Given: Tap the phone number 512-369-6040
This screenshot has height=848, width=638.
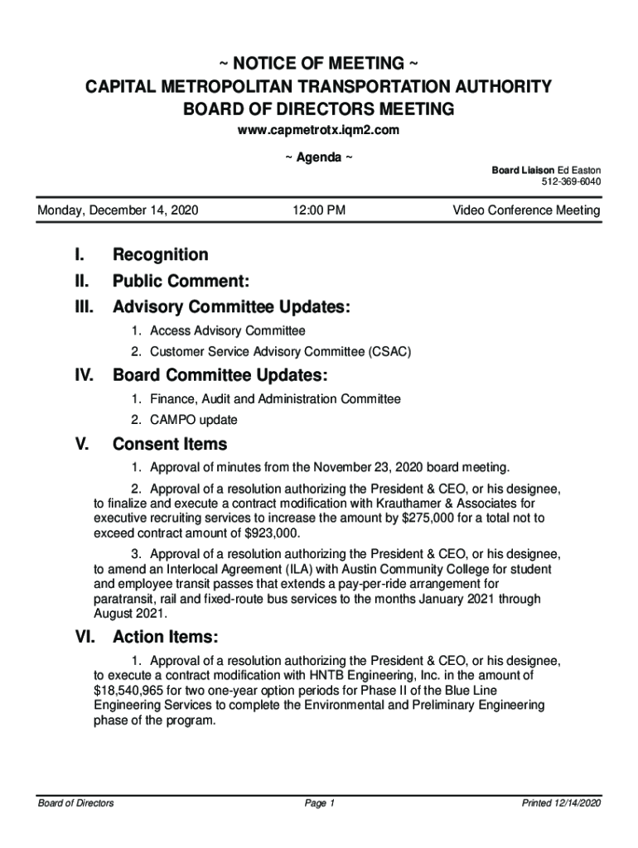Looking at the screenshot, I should pyautogui.click(x=572, y=182).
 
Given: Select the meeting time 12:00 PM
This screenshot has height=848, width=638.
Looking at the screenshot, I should pyautogui.click(x=319, y=211).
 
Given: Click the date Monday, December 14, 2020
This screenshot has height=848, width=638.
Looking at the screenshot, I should pyautogui.click(x=118, y=211).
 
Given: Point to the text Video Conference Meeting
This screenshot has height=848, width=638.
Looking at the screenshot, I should pyautogui.click(x=526, y=211).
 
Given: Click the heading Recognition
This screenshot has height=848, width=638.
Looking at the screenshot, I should pyautogui.click(x=161, y=254).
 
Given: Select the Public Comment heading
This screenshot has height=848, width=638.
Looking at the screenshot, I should pyautogui.click(x=181, y=281).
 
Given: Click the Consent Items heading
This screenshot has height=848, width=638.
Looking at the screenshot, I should pyautogui.click(x=170, y=445).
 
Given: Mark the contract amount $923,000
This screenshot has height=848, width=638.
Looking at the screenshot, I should pyautogui.click(x=267, y=532).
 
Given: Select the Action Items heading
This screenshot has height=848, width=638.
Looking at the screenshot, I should pyautogui.click(x=166, y=638).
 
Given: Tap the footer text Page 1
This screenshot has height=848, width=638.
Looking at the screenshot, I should pyautogui.click(x=319, y=803).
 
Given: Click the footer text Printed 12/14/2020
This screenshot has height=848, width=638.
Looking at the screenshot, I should pyautogui.click(x=561, y=803).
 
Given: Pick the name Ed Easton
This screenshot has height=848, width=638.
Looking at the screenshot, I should pyautogui.click(x=580, y=170).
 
